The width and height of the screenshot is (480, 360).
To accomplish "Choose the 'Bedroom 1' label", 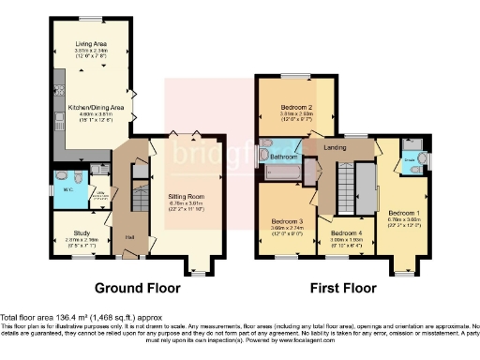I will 404,214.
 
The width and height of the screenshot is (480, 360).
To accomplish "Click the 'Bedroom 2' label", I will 296,106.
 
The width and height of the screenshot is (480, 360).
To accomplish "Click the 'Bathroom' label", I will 284,157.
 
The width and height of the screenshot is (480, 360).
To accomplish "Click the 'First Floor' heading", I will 344,288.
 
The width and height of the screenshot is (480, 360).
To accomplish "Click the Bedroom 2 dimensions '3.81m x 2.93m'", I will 296,116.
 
